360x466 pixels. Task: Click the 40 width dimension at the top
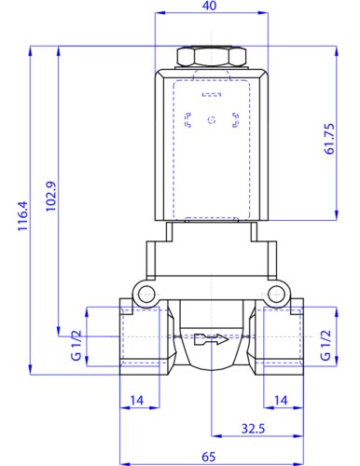pyautogui.click(x=209, y=6)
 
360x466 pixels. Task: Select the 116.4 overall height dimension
pyautogui.click(x=23, y=216)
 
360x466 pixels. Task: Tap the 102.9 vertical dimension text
pyautogui.click(x=51, y=197)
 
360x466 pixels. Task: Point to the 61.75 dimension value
pyautogui.click(x=329, y=139)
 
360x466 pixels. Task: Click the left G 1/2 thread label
pyautogui.click(x=76, y=346)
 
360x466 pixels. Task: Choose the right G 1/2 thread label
pyautogui.click(x=325, y=346)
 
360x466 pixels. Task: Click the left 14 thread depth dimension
pyautogui.click(x=137, y=401)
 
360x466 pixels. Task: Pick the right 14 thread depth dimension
pyautogui.click(x=281, y=401)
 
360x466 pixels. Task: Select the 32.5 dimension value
pyautogui.click(x=253, y=429)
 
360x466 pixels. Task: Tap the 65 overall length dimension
pyautogui.click(x=209, y=457)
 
